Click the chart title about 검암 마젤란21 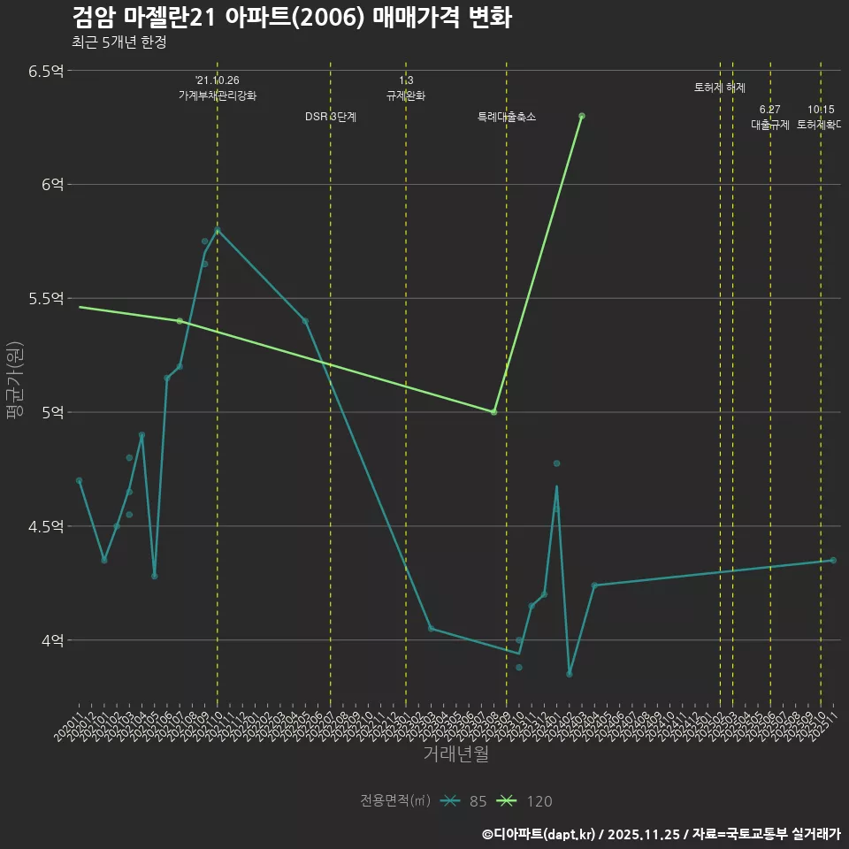coord(291,18)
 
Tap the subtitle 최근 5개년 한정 coord(119,42)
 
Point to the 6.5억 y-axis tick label coord(46,71)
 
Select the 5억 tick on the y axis coord(53,412)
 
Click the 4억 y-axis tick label coord(53,640)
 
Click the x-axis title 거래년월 coord(455,754)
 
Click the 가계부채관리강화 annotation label coord(218,96)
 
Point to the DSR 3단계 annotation coord(331,117)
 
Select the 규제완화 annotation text coord(406,96)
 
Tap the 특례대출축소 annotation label coord(507,117)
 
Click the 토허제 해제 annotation coord(720,88)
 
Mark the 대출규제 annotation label coord(770,125)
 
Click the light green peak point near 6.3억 coord(582,116)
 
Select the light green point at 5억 coord(493,412)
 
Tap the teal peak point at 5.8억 coord(218,230)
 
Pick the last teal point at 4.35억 coord(833,561)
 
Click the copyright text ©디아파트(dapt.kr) coord(539,834)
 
